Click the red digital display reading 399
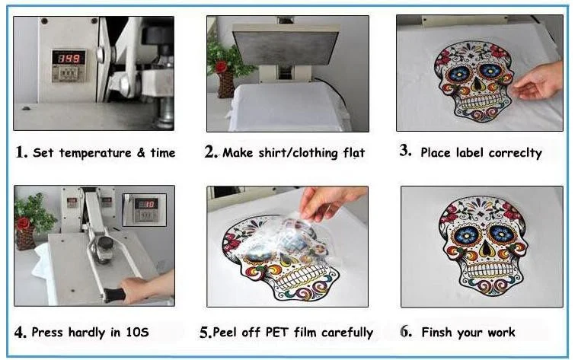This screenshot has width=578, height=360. point(69,58)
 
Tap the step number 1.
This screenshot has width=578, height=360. point(21,152)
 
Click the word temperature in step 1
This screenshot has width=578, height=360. point(95,153)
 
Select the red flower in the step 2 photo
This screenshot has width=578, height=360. point(221,66)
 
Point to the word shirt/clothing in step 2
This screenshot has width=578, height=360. point(299,153)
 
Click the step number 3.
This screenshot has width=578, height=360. point(405,151)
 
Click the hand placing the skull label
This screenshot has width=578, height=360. point(538,81)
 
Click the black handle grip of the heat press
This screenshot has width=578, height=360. point(115,295)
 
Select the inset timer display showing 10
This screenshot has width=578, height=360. point(146,204)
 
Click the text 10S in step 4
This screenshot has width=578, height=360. point(137,333)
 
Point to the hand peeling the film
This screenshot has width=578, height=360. point(328,202)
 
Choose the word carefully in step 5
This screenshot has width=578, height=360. point(346,333)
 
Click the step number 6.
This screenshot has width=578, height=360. point(406,331)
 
